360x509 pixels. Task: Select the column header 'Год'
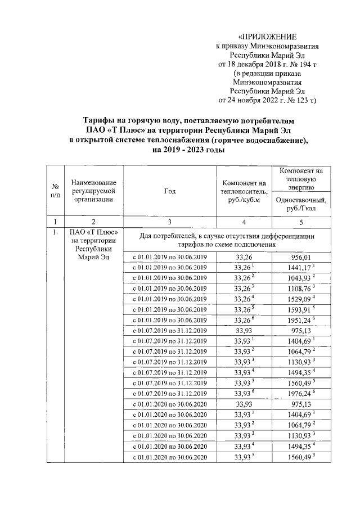click(x=170, y=191)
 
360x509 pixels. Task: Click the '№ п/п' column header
click(x=56, y=191)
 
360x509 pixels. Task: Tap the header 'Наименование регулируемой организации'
click(x=94, y=191)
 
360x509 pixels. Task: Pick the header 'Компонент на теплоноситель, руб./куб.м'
click(x=244, y=191)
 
